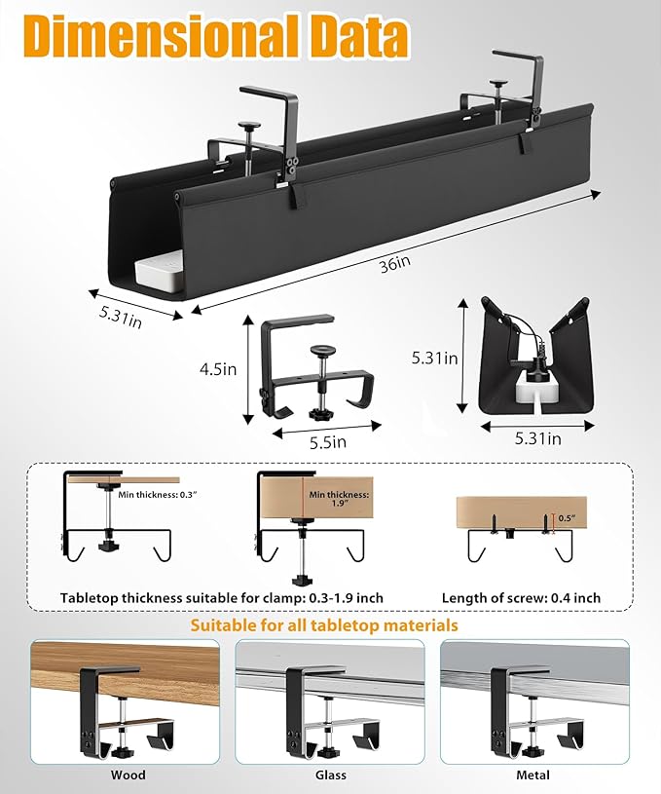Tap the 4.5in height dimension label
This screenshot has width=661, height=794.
pyautogui.click(x=217, y=369)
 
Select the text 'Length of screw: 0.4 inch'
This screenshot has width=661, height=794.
pyautogui.click(x=521, y=597)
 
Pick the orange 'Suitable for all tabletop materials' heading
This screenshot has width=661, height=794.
pyautogui.click(x=324, y=624)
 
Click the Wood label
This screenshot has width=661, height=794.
pyautogui.click(x=128, y=775)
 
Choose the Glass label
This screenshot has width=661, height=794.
pyautogui.click(x=329, y=775)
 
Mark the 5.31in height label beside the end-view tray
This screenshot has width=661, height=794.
pyautogui.click(x=435, y=359)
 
